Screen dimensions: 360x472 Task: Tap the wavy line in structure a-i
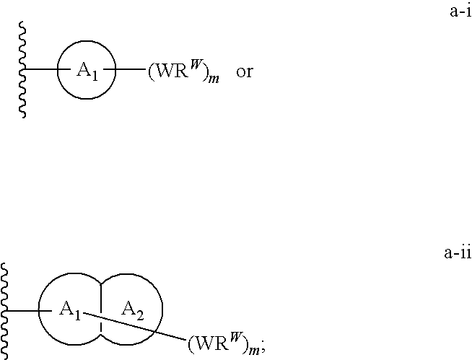pos(22,70)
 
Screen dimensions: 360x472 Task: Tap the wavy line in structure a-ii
pos(5,311)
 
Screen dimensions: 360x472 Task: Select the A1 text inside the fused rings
pos(70,311)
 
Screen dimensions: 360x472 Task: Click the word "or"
pos(245,73)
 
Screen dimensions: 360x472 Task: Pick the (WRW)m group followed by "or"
pos(190,73)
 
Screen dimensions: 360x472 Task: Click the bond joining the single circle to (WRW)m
pos(130,70)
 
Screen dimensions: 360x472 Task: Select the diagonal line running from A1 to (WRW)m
pos(137,325)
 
